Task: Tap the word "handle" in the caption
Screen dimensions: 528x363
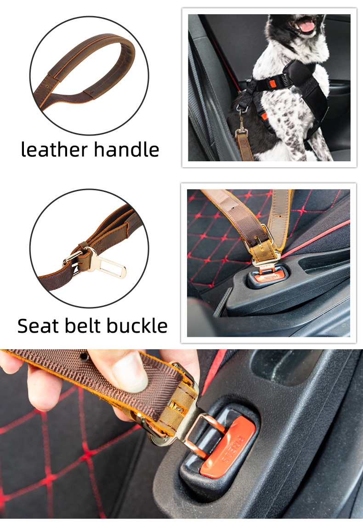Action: coord(126,150)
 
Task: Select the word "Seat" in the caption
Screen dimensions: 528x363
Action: coord(37,326)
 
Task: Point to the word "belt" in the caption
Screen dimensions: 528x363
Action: coord(84,326)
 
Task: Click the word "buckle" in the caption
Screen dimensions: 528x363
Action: coord(136,326)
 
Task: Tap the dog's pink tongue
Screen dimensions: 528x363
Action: coord(306,26)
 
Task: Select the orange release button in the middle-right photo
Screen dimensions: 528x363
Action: coord(264,278)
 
